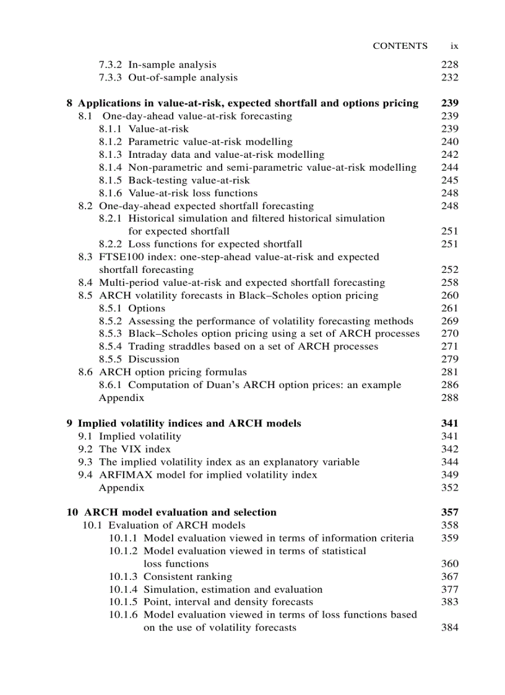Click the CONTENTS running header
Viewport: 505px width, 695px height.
pyautogui.click(x=400, y=46)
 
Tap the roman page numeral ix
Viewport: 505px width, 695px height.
pyautogui.click(x=454, y=46)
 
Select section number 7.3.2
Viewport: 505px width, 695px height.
pyautogui.click(x=110, y=64)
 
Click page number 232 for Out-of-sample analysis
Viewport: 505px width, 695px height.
pyautogui.click(x=450, y=77)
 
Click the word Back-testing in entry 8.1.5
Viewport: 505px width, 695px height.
pyautogui.click(x=157, y=180)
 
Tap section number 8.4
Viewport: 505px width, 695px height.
pyautogui.click(x=85, y=282)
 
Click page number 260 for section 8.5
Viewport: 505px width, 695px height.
pyautogui.click(x=450, y=295)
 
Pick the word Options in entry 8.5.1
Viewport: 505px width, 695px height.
pyautogui.click(x=147, y=308)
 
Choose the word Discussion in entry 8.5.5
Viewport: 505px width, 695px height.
pyautogui.click(x=153, y=359)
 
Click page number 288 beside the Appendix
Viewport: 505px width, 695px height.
pyautogui.click(x=450, y=398)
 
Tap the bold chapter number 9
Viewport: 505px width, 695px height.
pyautogui.click(x=69, y=423)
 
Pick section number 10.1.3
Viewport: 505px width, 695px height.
pyautogui.click(x=124, y=577)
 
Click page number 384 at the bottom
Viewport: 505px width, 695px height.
pyautogui.click(x=450, y=628)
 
